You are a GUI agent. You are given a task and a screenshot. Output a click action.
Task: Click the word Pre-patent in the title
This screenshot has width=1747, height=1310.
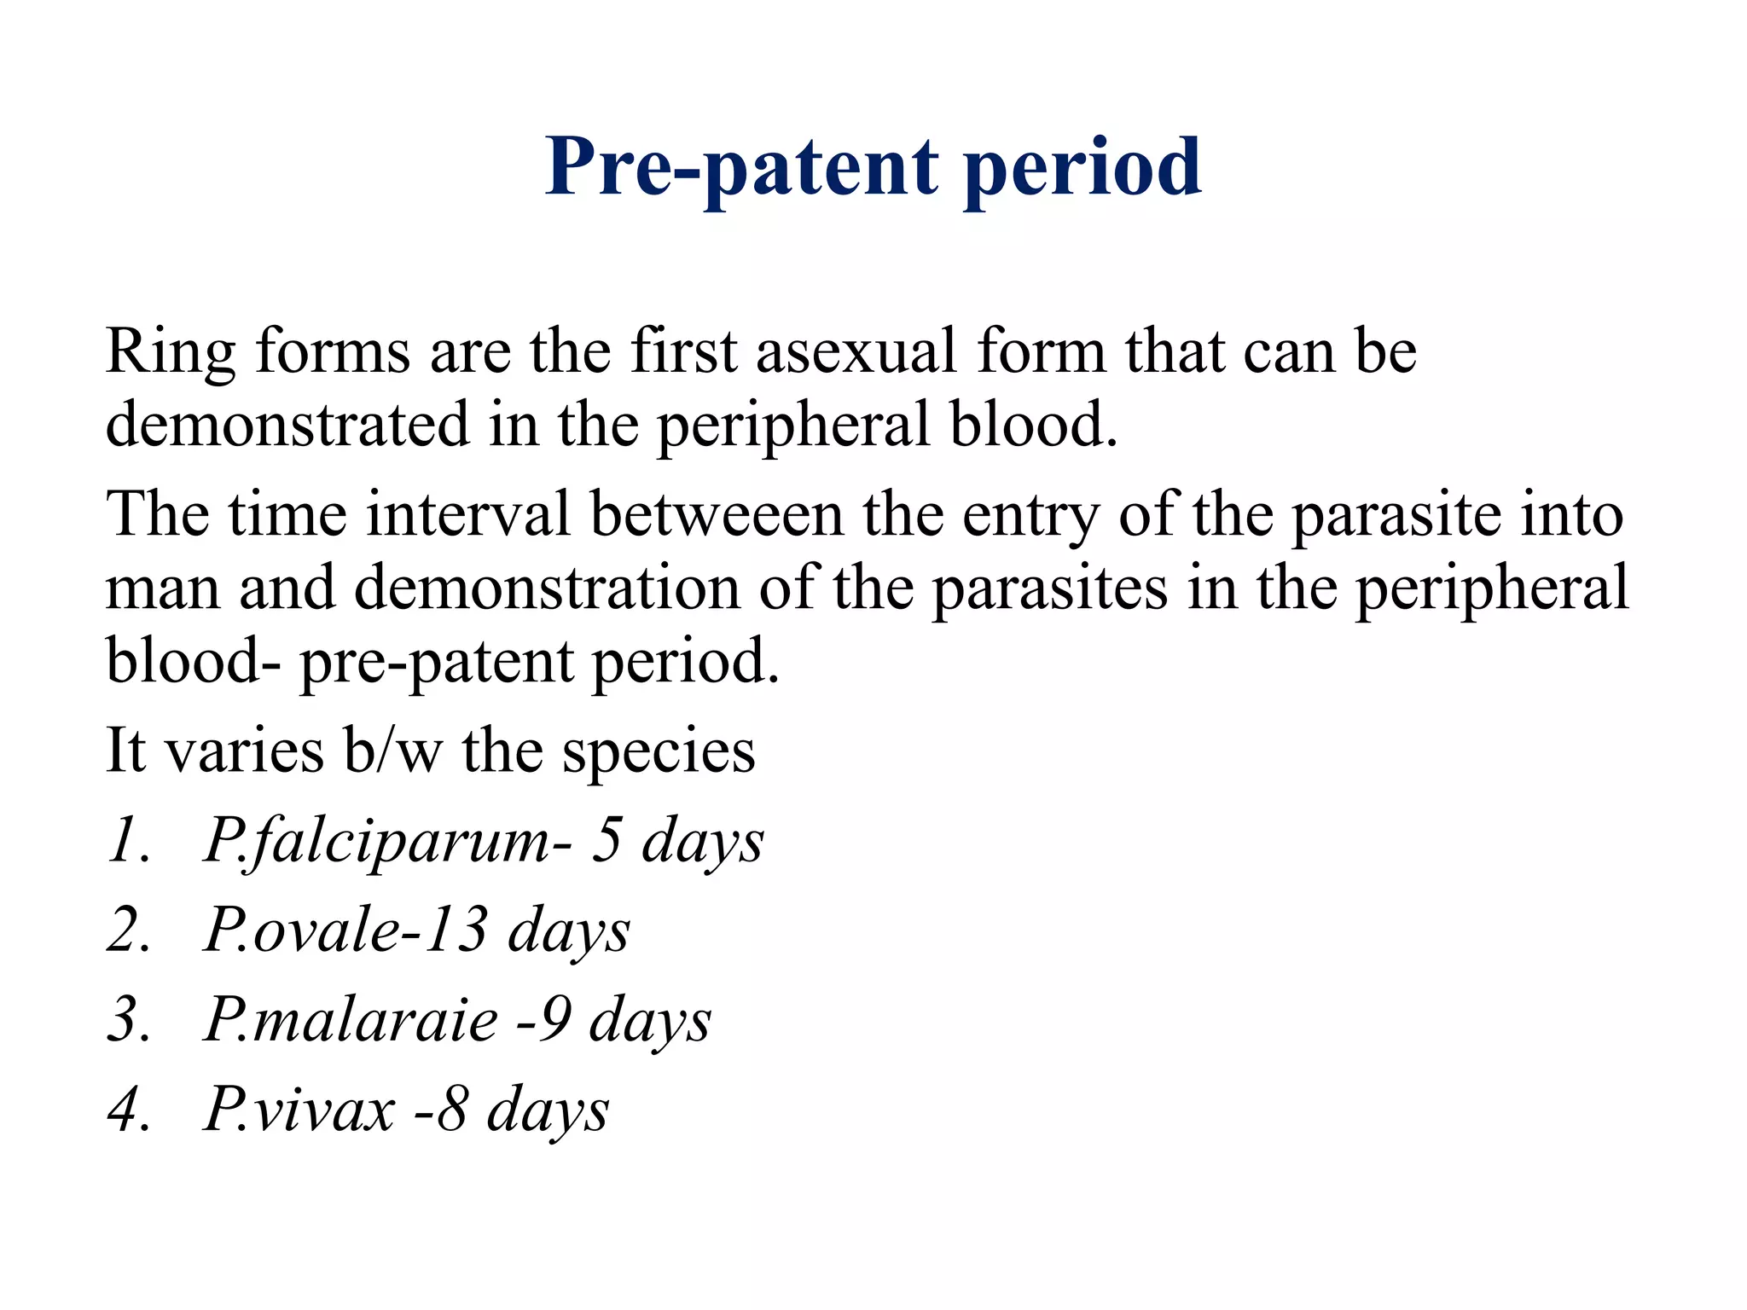click(x=741, y=167)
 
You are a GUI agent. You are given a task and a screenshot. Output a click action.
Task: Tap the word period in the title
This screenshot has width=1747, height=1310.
click(x=1082, y=167)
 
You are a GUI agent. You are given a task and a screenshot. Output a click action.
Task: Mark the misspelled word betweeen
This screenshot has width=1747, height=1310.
click(x=717, y=514)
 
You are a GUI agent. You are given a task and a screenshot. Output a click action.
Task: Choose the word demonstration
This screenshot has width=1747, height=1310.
click(x=547, y=588)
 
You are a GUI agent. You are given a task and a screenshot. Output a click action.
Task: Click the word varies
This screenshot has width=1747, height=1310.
click(x=244, y=751)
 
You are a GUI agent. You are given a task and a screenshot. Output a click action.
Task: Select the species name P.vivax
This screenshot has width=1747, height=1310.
click(x=299, y=1110)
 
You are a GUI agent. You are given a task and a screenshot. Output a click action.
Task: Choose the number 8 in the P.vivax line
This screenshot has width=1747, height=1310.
click(x=451, y=1110)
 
